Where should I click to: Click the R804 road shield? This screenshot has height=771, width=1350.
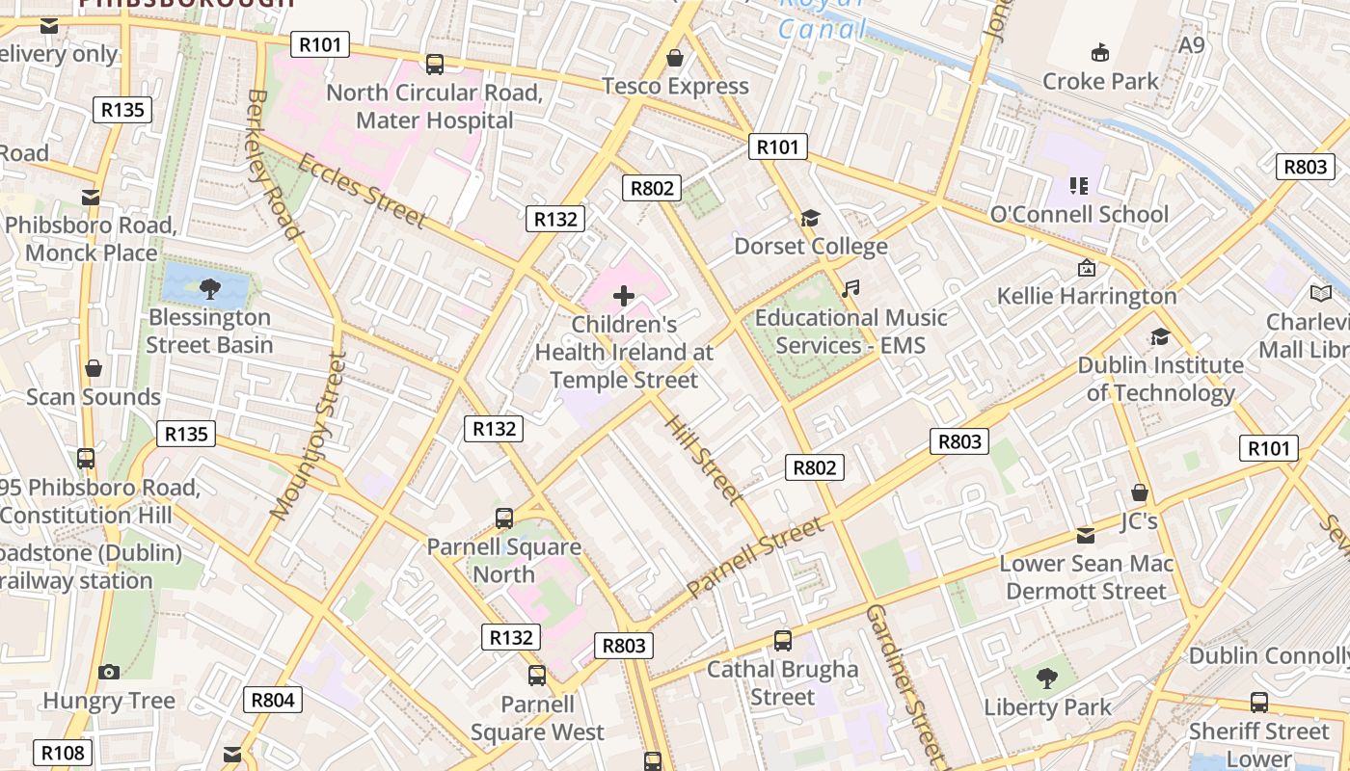pos(273,700)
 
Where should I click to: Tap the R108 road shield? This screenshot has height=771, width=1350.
pos(64,753)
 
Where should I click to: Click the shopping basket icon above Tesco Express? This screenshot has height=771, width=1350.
pos(675,58)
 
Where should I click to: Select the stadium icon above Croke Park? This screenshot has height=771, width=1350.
pos(1099,52)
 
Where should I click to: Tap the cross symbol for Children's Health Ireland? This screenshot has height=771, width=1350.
pos(624,296)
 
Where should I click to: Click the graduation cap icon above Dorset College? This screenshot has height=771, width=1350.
pos(810,219)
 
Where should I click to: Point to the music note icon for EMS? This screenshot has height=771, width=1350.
pos(850,288)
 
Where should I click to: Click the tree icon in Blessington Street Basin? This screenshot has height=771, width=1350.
pos(209,287)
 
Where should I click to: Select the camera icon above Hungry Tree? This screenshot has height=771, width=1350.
pos(109,672)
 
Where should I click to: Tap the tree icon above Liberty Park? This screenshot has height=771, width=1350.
pos(1047,678)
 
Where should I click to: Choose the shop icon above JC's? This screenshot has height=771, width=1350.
pos(1139,492)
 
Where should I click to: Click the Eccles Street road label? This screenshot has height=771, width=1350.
pos(362,191)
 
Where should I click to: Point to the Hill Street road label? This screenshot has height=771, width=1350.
pos(705,460)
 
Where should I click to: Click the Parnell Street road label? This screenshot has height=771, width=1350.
pos(756,556)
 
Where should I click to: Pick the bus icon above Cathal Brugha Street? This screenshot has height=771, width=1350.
pos(783,641)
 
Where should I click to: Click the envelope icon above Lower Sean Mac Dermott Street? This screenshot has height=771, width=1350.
pos(1086,536)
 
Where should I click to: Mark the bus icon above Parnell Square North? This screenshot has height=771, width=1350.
pos(504,518)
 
